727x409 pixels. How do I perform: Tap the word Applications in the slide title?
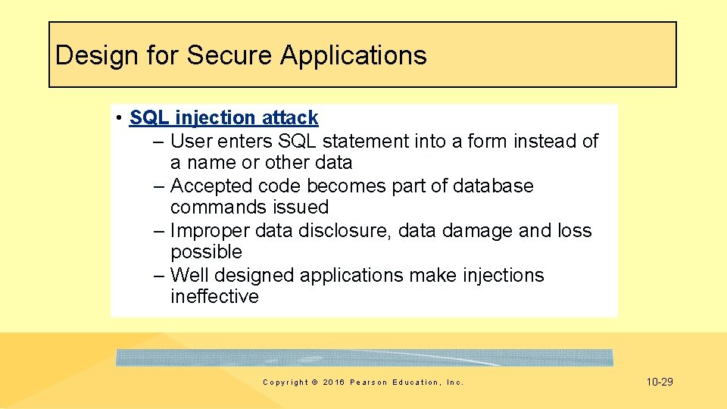pos(354,55)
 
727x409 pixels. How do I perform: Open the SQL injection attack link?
pos(223,117)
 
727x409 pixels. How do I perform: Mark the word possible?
pos(206,251)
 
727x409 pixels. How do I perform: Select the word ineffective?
pos(214,296)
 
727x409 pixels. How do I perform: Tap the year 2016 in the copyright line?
pos(332,382)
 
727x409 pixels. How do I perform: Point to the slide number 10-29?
pos(660,382)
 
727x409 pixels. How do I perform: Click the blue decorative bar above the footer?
pos(364,357)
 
